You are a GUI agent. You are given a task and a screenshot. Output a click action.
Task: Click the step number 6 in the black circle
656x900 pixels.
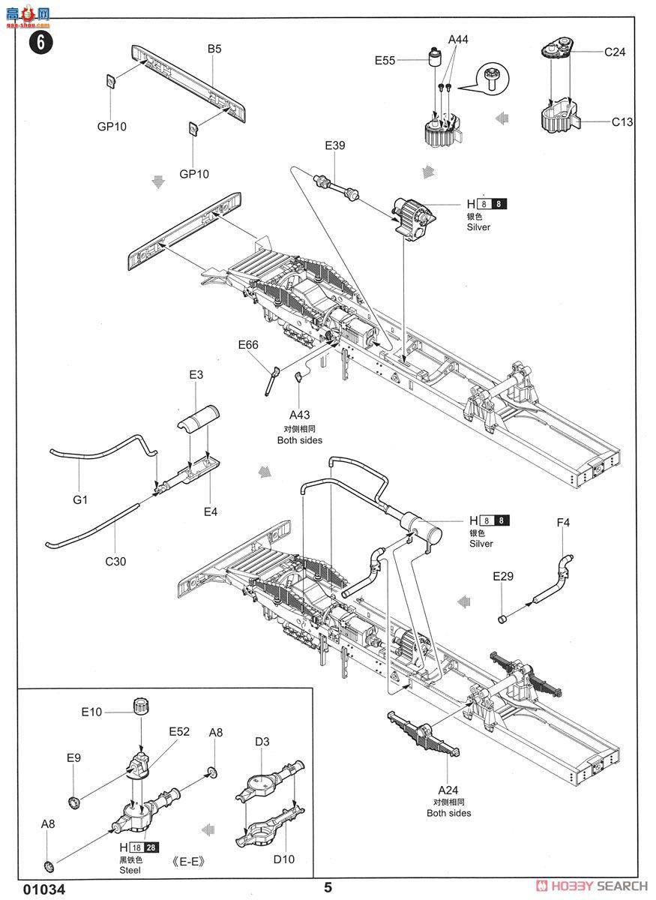(41, 42)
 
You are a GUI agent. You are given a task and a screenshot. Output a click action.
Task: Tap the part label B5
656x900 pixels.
(214, 49)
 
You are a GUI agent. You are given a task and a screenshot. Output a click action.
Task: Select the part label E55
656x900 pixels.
(385, 60)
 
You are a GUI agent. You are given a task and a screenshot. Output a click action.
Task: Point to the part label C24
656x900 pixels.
(615, 52)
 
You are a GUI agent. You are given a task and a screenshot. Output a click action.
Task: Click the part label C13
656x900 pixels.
(622, 121)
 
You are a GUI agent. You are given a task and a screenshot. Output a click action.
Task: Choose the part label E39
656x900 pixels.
(335, 145)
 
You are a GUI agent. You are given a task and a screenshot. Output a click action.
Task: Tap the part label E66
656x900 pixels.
(248, 345)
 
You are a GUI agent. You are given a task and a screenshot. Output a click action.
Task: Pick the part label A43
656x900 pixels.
(300, 414)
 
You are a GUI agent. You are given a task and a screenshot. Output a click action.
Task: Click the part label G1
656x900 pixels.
(80, 499)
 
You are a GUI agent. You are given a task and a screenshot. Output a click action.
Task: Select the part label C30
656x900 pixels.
(115, 561)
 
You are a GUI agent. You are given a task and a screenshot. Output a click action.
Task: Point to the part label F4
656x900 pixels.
(563, 522)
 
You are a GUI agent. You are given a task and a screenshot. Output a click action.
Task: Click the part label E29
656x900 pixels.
(503, 576)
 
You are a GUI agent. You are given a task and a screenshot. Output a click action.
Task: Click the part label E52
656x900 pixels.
(179, 731)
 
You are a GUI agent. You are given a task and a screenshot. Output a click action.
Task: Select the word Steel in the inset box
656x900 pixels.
(130, 870)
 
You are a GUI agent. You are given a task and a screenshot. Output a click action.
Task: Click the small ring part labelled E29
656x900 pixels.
(502, 619)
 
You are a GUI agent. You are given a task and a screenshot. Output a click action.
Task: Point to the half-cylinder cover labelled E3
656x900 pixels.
(199, 418)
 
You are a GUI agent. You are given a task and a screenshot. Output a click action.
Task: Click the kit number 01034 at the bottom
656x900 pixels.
(44, 889)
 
